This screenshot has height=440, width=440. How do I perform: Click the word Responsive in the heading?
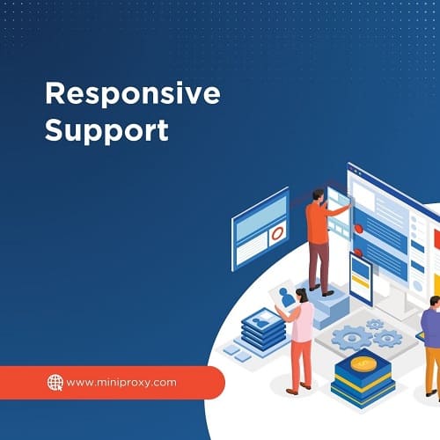pyautogui.click(x=133, y=94)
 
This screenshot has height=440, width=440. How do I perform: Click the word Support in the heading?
pyautogui.click(x=106, y=130)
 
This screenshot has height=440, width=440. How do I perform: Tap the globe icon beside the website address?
pyautogui.click(x=55, y=383)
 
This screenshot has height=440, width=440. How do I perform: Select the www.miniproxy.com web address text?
pyautogui.click(x=121, y=383)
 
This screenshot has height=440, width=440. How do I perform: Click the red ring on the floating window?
pyautogui.click(x=277, y=234)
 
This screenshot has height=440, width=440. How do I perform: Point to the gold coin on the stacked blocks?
pyautogui.click(x=363, y=363)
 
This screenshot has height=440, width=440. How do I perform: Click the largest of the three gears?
pyautogui.click(x=351, y=338)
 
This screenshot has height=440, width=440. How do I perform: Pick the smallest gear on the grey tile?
pyautogui.click(x=375, y=324)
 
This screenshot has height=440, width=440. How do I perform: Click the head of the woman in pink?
pyautogui.click(x=302, y=295)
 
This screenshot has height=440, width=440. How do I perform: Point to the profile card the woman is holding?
pyautogui.click(x=284, y=296)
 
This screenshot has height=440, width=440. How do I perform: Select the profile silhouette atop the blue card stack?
pyautogui.click(x=260, y=322)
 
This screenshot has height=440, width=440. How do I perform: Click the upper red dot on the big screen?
pyautogui.click(x=358, y=229)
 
